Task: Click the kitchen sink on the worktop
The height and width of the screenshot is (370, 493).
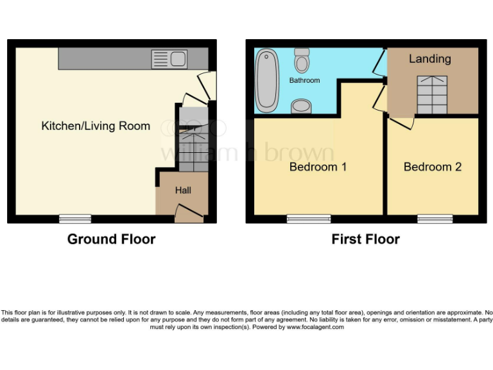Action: click(x=169, y=60)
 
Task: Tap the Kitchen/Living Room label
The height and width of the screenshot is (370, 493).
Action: click(x=96, y=126)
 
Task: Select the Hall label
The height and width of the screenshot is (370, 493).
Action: click(x=183, y=190)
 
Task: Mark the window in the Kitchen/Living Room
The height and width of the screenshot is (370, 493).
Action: click(x=75, y=219)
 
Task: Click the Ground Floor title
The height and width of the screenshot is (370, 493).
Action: click(x=111, y=240)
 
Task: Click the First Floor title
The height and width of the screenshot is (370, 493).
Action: click(x=365, y=240)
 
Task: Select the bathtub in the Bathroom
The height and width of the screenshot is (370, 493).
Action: click(x=266, y=81)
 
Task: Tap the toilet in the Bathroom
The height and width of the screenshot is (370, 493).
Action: click(x=301, y=60)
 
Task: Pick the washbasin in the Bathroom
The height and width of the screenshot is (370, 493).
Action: click(x=300, y=106)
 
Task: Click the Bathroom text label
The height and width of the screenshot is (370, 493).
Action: click(x=304, y=81)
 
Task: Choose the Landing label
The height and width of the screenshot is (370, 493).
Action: click(x=429, y=59)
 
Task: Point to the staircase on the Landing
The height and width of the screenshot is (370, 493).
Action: click(x=432, y=94)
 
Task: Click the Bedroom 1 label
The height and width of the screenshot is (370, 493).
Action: click(x=318, y=167)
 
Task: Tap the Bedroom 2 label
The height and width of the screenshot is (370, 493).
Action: click(x=432, y=167)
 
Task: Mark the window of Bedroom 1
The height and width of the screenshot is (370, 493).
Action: click(x=304, y=219)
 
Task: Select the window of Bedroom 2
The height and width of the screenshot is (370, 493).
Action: click(x=435, y=219)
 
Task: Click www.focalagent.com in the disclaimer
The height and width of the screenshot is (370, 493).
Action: click(x=315, y=327)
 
